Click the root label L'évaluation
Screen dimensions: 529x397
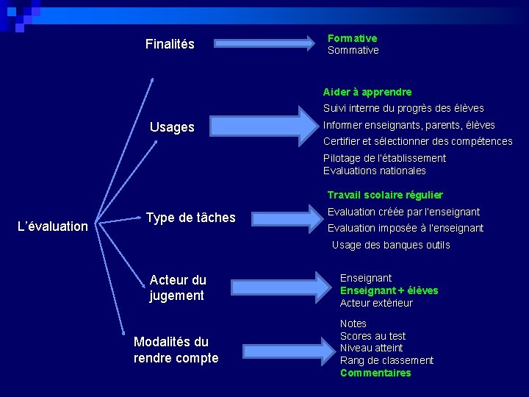pyautogui.click(x=52, y=226)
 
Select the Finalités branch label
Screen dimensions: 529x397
pyautogui.click(x=170, y=44)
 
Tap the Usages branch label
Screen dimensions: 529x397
pyautogui.click(x=172, y=127)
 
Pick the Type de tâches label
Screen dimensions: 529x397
pyautogui.click(x=191, y=217)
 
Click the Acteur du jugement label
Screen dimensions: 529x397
pyautogui.click(x=178, y=287)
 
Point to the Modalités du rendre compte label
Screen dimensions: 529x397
pyautogui.click(x=176, y=350)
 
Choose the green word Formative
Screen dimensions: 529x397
pyautogui.click(x=352, y=37)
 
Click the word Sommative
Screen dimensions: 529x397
pyautogui.click(x=353, y=50)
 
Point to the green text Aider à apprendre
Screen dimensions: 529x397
pyautogui.click(x=367, y=92)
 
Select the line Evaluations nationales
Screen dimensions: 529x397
pyautogui.click(x=375, y=171)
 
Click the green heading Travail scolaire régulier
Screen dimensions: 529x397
pyautogui.click(x=385, y=195)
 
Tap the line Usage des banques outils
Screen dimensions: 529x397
pyautogui.click(x=391, y=245)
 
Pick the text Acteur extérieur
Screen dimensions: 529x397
pyautogui.click(x=376, y=303)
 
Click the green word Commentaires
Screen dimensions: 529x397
pyautogui.click(x=375, y=373)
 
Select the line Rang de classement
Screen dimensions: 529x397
pyautogui.click(x=386, y=360)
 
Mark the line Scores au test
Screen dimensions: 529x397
pyautogui.click(x=373, y=336)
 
